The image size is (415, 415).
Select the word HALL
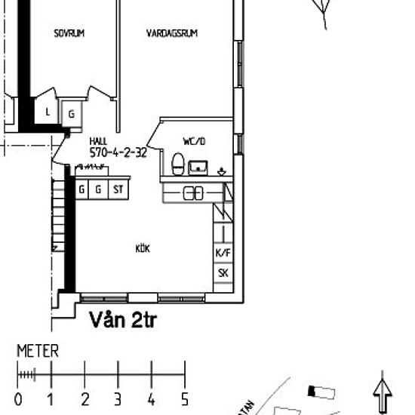(x=98, y=141)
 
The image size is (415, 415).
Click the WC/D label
(x=194, y=141)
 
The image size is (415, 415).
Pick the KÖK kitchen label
(x=143, y=248)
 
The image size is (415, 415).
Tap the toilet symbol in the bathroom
(x=178, y=164)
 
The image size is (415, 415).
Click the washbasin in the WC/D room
(x=199, y=166)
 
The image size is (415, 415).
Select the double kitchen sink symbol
(x=194, y=193)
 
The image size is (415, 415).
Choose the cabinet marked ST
(x=118, y=189)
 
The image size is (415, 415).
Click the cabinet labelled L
(x=48, y=112)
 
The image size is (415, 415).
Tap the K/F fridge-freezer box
(x=223, y=253)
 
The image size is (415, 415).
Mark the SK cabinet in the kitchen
(x=223, y=273)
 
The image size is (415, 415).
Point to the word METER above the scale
(x=37, y=352)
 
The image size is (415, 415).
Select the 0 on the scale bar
(x=18, y=399)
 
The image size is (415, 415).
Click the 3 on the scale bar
(x=118, y=399)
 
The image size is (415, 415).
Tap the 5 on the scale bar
(x=184, y=399)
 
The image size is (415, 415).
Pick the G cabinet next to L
(x=71, y=115)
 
